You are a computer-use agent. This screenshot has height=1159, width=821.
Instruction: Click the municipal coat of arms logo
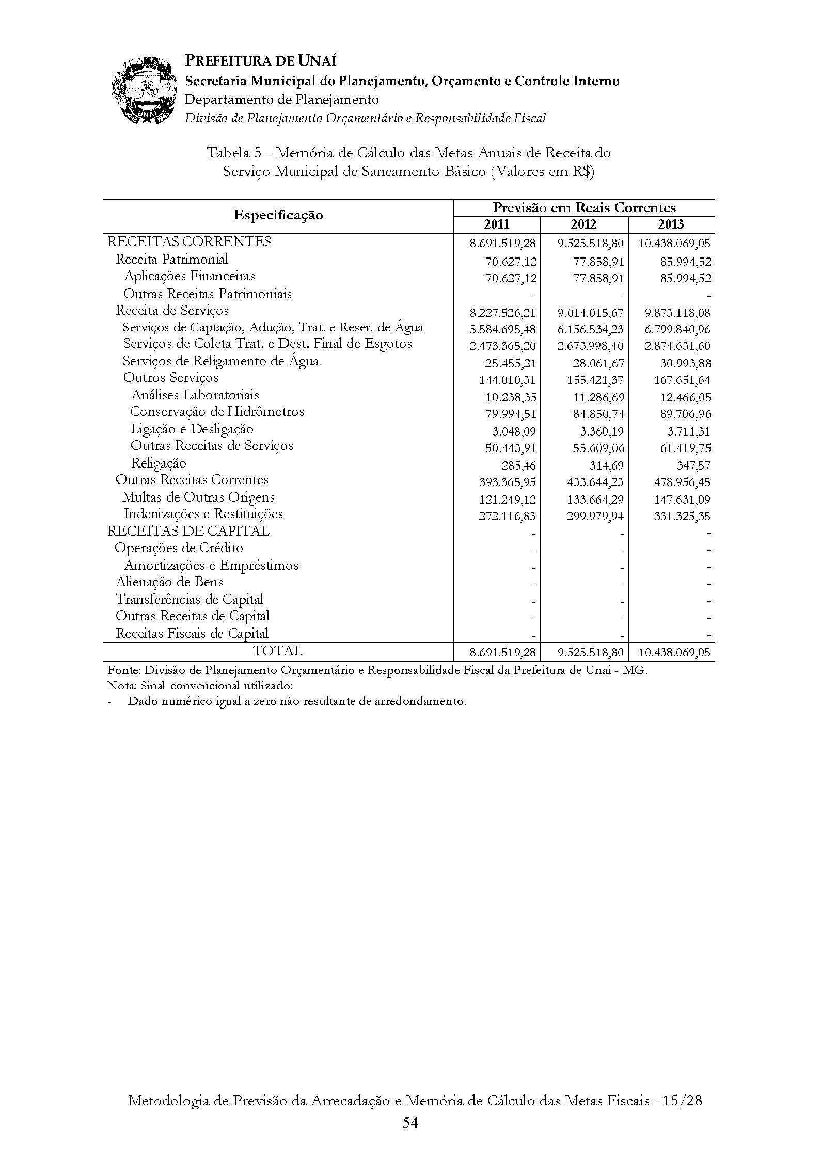pyautogui.click(x=142, y=91)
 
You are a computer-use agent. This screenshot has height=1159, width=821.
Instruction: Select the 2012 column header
pyautogui.click(x=584, y=224)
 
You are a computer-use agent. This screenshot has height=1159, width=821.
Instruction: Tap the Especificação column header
pyautogui.click(x=278, y=215)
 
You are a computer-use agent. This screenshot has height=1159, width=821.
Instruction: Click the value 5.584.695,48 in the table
pyautogui.click(x=503, y=329)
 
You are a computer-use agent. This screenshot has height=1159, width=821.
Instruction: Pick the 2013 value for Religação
pyautogui.click(x=693, y=465)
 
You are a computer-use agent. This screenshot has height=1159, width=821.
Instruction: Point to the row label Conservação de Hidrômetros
pyautogui.click(x=217, y=412)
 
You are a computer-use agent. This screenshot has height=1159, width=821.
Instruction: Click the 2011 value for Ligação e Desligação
pyautogui.click(x=511, y=431)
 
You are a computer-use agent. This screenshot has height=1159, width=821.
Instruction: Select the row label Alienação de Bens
pyautogui.click(x=169, y=582)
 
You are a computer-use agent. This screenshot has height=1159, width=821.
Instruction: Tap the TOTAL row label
pyautogui.click(x=278, y=651)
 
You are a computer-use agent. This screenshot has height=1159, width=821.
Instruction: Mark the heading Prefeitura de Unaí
pyautogui.click(x=261, y=61)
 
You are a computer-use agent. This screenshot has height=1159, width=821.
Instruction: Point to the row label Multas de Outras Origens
pyautogui.click(x=198, y=497)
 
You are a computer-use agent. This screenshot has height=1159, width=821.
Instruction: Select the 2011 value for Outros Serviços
pyautogui.click(x=508, y=380)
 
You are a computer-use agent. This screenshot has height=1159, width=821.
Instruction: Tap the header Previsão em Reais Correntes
pyautogui.click(x=584, y=207)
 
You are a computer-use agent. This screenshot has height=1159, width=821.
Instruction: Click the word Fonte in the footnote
pyautogui.click(x=123, y=671)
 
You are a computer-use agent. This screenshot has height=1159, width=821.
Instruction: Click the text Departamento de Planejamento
pyautogui.click(x=282, y=99)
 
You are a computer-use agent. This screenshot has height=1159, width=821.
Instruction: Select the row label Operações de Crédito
pyautogui.click(x=179, y=548)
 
